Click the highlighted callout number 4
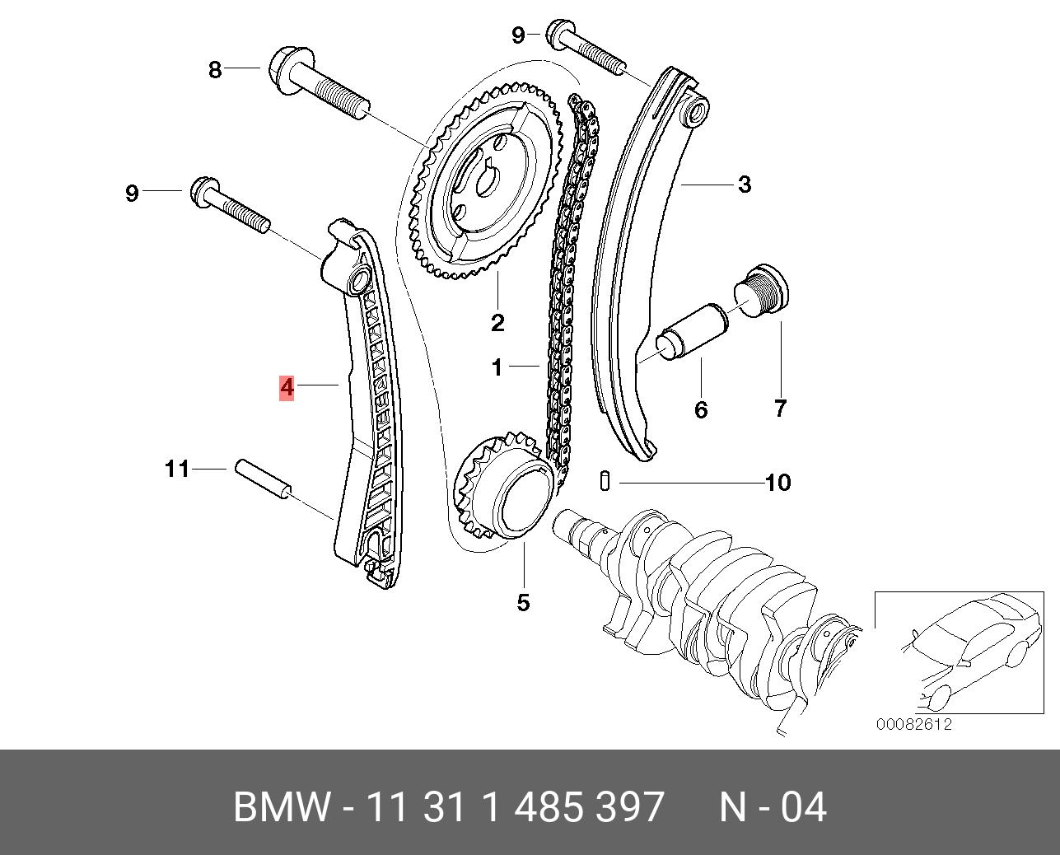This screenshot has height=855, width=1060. pyautogui.click(x=287, y=386)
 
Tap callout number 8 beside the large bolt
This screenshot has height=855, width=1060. pyautogui.click(x=215, y=70)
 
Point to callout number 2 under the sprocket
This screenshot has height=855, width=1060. pyautogui.click(x=497, y=322)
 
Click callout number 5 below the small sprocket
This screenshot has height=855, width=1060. pyautogui.click(x=524, y=603)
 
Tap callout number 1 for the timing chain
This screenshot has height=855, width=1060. pyautogui.click(x=497, y=367)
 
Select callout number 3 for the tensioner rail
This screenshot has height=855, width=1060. pyautogui.click(x=745, y=185)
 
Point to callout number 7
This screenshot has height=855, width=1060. pyautogui.click(x=780, y=408)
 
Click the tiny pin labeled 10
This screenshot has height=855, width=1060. pyautogui.click(x=605, y=480)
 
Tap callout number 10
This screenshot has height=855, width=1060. pyautogui.click(x=777, y=482)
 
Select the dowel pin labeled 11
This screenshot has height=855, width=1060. pyautogui.click(x=264, y=479)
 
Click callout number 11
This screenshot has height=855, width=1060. pyautogui.click(x=177, y=470)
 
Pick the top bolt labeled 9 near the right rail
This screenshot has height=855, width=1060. pyautogui.click(x=586, y=48)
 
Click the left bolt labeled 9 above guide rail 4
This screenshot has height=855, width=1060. pyautogui.click(x=230, y=204)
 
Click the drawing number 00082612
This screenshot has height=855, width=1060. pyautogui.click(x=914, y=725)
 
